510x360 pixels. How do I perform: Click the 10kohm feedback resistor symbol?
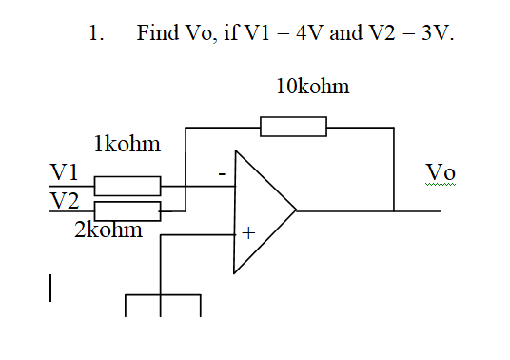pos(293,127)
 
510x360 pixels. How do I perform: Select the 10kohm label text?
pos(312,87)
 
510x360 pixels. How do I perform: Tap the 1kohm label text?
pos(127,145)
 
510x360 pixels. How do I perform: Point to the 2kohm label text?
pos(108,230)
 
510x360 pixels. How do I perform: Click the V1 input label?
pos(64,172)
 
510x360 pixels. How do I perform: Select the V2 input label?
pos(64,200)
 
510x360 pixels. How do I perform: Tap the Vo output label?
pos(441,171)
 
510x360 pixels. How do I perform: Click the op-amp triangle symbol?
pos(261,210)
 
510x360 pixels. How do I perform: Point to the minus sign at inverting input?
pos(221,175)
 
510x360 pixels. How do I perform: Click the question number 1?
pos(94,33)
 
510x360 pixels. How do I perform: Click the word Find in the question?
pos(157,33)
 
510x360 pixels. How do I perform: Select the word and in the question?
pos(345,33)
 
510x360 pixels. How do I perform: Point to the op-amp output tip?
pos(296,210)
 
